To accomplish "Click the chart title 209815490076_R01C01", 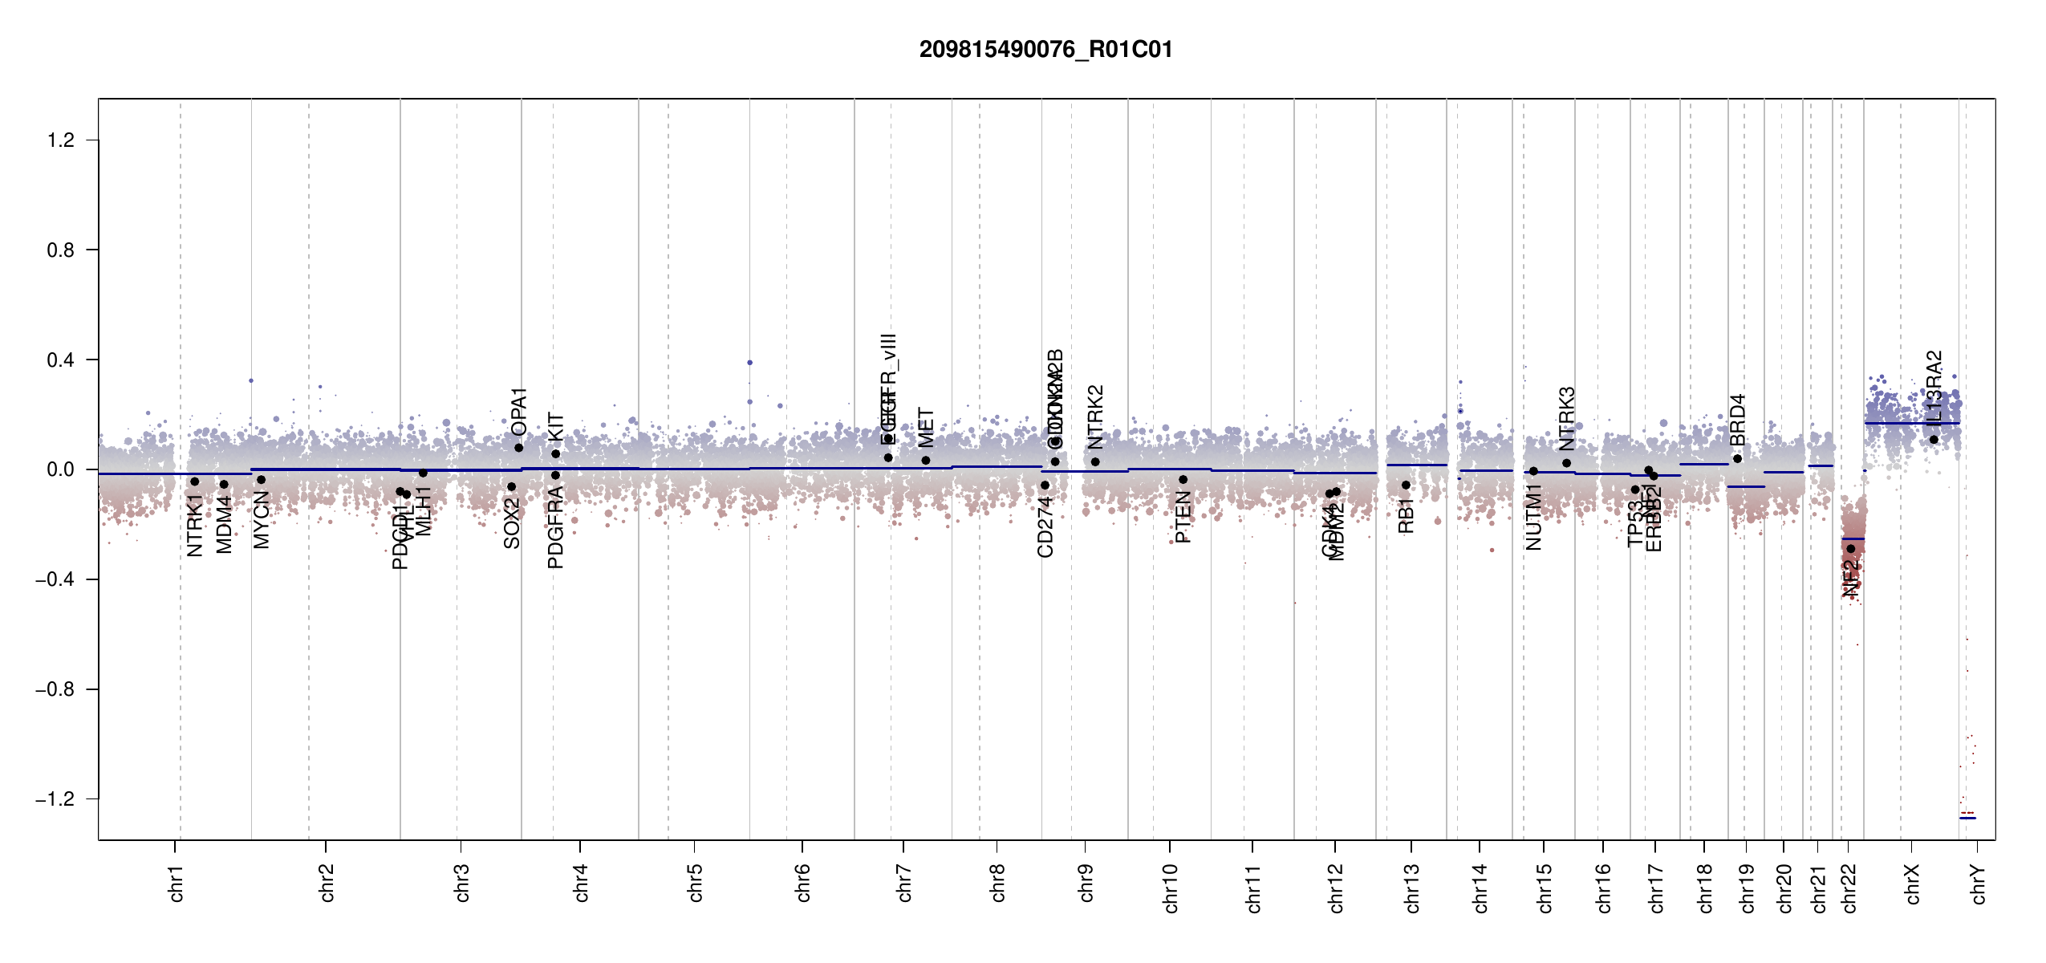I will pos(1045,50).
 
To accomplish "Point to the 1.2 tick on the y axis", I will pos(61,140).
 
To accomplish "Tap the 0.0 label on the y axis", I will pos(61,469).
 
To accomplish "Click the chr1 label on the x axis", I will pos(177,883).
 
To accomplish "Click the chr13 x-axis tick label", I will pos(1412,888).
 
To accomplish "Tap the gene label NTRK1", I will pos(195,525).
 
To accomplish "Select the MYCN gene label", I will pos(262,520).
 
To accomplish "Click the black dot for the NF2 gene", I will pos(1851,549).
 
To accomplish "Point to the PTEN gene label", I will pos(1183,518).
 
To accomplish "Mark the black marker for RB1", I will pos(1406,486).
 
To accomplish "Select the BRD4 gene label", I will pos(1737,420).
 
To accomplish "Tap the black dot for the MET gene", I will pos(926,461).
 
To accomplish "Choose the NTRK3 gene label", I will pos(1567,418).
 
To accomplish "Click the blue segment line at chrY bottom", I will pos(1967,818).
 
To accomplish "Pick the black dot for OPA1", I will pos(519,448).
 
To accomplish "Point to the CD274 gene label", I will pos(1045,527).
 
